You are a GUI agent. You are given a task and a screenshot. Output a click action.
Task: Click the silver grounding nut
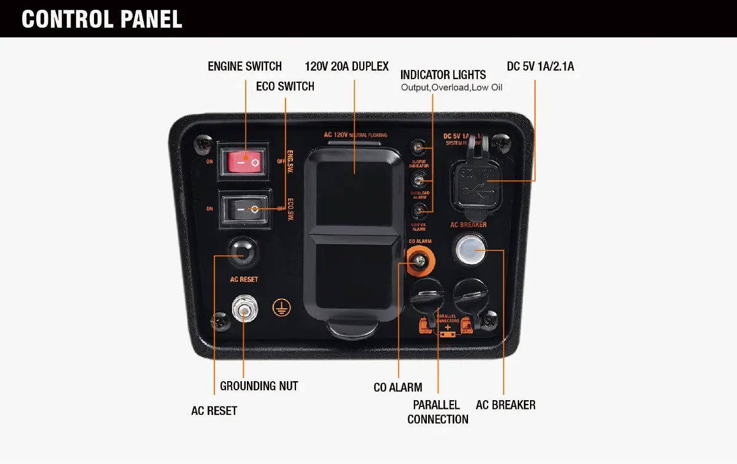(x=244, y=311)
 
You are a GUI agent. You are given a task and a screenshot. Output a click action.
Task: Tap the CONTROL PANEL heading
(x=102, y=19)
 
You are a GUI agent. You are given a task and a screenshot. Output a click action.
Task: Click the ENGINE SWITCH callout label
(x=244, y=66)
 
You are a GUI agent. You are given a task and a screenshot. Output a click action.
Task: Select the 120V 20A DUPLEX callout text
(x=346, y=66)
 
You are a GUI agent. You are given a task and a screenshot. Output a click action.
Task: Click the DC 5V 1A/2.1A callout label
(x=540, y=66)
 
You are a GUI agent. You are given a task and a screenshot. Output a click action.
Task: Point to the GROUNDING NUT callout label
(x=259, y=386)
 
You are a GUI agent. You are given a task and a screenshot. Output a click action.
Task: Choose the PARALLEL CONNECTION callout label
(x=437, y=412)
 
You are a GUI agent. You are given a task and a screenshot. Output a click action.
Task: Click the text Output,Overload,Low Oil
(x=451, y=88)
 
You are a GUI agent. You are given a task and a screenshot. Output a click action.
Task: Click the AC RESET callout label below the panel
(x=214, y=411)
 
